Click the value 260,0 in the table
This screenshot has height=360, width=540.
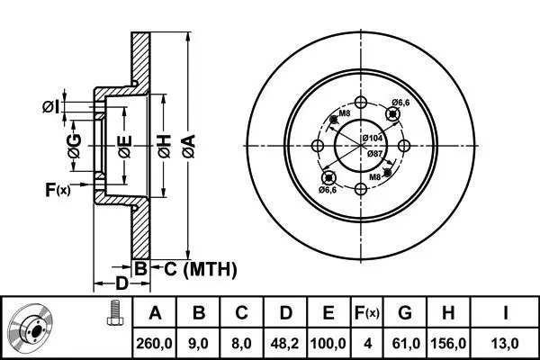155,342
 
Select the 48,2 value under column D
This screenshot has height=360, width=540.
285,342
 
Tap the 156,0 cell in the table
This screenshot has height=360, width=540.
450,342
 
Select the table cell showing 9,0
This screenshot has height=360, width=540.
200,342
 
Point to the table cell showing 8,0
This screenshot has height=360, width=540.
241,342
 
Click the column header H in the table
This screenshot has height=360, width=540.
450,313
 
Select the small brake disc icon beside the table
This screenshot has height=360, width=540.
36,328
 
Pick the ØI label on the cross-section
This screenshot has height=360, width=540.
56,108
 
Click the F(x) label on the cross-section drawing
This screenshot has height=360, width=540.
57,189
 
